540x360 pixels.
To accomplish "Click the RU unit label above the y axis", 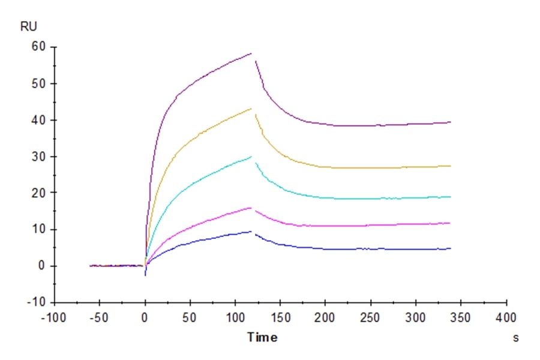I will click(x=29, y=28).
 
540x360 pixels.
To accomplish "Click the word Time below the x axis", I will click(x=262, y=338).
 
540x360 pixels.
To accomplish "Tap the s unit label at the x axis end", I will click(x=515, y=338).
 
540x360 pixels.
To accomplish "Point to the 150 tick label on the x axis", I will click(x=280, y=317).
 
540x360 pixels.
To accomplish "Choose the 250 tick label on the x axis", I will click(x=370, y=317).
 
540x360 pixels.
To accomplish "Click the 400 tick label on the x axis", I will click(x=507, y=317).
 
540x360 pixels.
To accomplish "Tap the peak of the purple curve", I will click(x=251, y=53).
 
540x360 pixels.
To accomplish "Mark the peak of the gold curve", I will click(x=251, y=108).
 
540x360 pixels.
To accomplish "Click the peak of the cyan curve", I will click(x=251, y=157).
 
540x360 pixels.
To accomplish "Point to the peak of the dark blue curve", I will click(x=251, y=231).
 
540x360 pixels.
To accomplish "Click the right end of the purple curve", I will click(x=451, y=122).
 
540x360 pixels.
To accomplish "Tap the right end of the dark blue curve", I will click(x=451, y=248).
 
